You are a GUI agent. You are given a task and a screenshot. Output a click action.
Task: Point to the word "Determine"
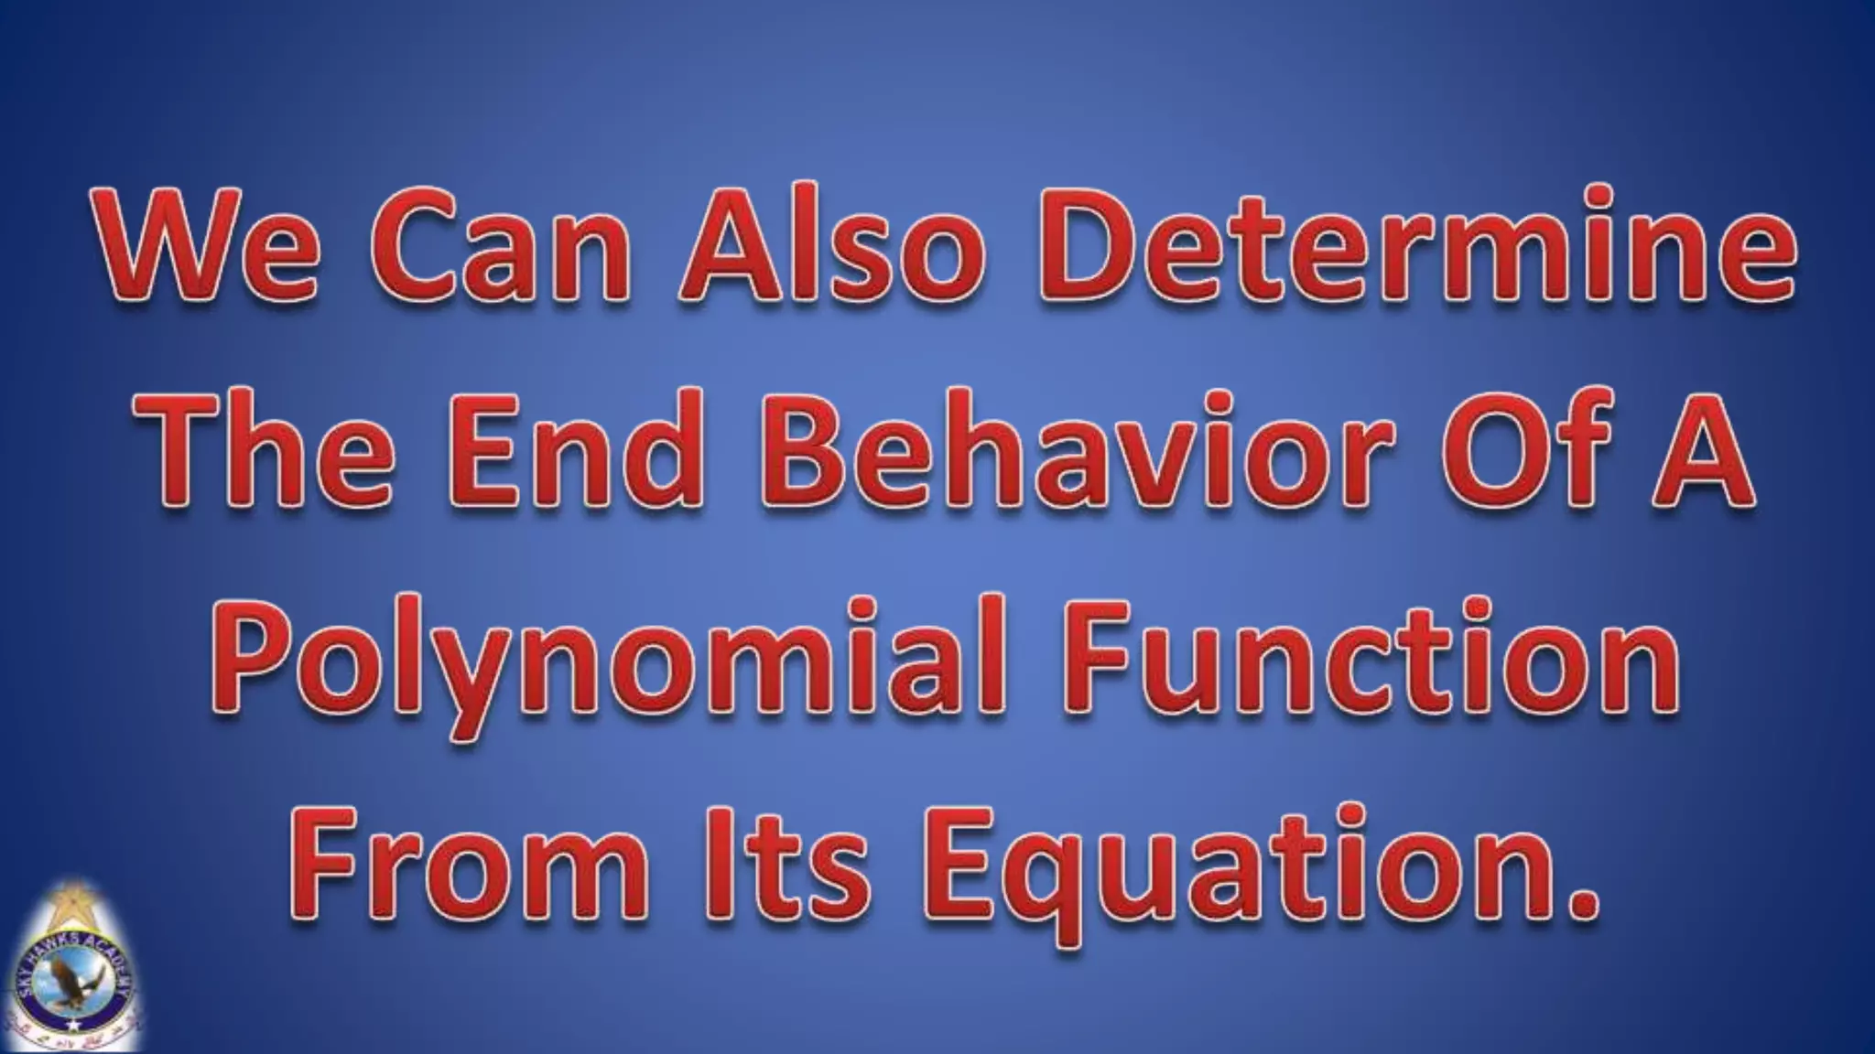coord(1414,242)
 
